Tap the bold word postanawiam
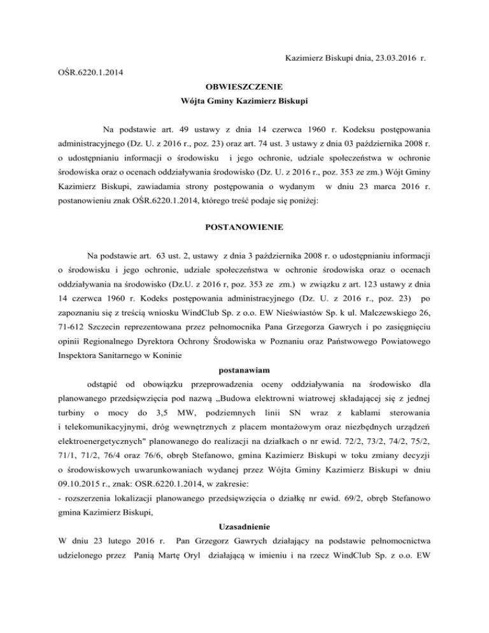(244, 369)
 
